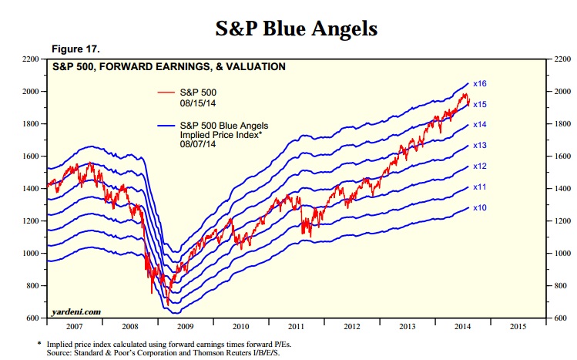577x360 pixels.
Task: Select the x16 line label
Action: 480,83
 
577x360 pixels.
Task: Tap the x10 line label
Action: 480,207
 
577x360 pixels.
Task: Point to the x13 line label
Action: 480,146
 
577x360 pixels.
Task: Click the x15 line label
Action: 480,104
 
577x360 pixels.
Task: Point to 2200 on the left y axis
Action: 30,59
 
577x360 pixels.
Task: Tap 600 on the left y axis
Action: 33,318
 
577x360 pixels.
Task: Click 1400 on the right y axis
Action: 560,189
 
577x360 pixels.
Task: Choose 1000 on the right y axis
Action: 560,254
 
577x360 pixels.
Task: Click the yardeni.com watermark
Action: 76,311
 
